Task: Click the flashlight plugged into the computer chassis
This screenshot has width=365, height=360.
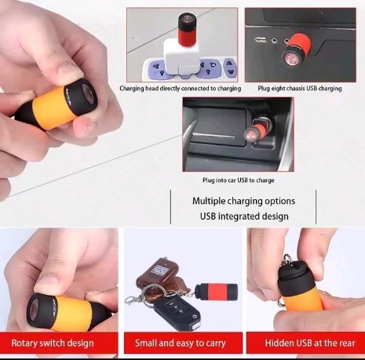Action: coord(295,49)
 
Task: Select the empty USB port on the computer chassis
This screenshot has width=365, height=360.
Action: coord(261,40)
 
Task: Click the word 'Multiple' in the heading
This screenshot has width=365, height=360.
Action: coord(209,201)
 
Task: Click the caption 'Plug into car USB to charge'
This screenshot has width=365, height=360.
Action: coord(239,180)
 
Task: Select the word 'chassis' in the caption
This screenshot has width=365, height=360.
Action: coord(295,89)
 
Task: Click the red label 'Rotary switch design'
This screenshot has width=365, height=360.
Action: coord(53,343)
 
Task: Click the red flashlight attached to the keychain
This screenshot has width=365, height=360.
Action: coord(217,290)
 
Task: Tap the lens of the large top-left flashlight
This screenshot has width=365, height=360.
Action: coord(89,94)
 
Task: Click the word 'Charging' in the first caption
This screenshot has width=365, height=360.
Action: coord(132,89)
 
